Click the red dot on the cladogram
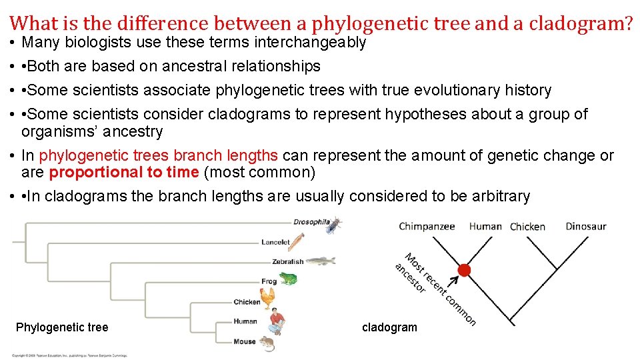464,270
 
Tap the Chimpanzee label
427,226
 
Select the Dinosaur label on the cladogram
585,226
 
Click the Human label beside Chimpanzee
485,226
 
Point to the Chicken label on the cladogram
527,227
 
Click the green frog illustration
287,279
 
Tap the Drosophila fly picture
333,225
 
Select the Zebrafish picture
320,261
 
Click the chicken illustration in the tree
268,297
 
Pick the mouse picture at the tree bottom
267,343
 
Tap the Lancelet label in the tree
275,243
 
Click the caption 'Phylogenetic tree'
62,327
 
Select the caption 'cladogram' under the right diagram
389,327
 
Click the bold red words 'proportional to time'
124,173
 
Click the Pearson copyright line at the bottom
69,355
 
